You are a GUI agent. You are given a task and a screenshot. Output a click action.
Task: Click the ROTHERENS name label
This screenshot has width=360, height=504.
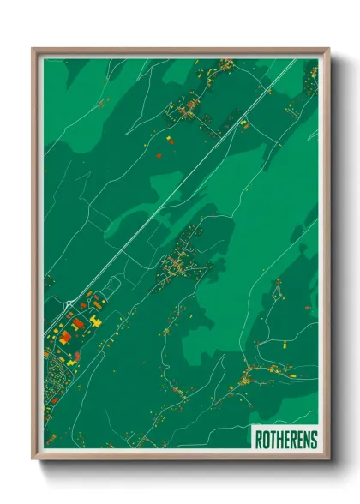285,439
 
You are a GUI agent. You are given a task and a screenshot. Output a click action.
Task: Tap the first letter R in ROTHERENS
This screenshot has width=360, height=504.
259,440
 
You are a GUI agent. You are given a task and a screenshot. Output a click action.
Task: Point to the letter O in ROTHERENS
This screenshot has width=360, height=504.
266,440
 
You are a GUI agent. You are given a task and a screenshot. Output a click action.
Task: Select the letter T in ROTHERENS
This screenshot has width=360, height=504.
273,440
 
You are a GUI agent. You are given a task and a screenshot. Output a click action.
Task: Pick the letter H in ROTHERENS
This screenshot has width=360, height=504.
279,440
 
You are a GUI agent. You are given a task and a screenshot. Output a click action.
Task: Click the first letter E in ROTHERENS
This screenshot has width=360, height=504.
286,440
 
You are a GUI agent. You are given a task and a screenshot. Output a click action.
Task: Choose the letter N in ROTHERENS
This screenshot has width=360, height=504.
307,440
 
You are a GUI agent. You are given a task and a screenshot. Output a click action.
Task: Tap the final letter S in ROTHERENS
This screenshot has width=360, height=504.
314,440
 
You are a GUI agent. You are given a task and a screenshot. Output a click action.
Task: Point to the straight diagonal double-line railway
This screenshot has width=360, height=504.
171,189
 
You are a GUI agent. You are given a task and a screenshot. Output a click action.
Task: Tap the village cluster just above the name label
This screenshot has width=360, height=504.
253,375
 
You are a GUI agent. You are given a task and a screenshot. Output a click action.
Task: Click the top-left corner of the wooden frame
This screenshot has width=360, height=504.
33,50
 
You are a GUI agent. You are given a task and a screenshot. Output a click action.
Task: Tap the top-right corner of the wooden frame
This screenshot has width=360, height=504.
328,50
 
